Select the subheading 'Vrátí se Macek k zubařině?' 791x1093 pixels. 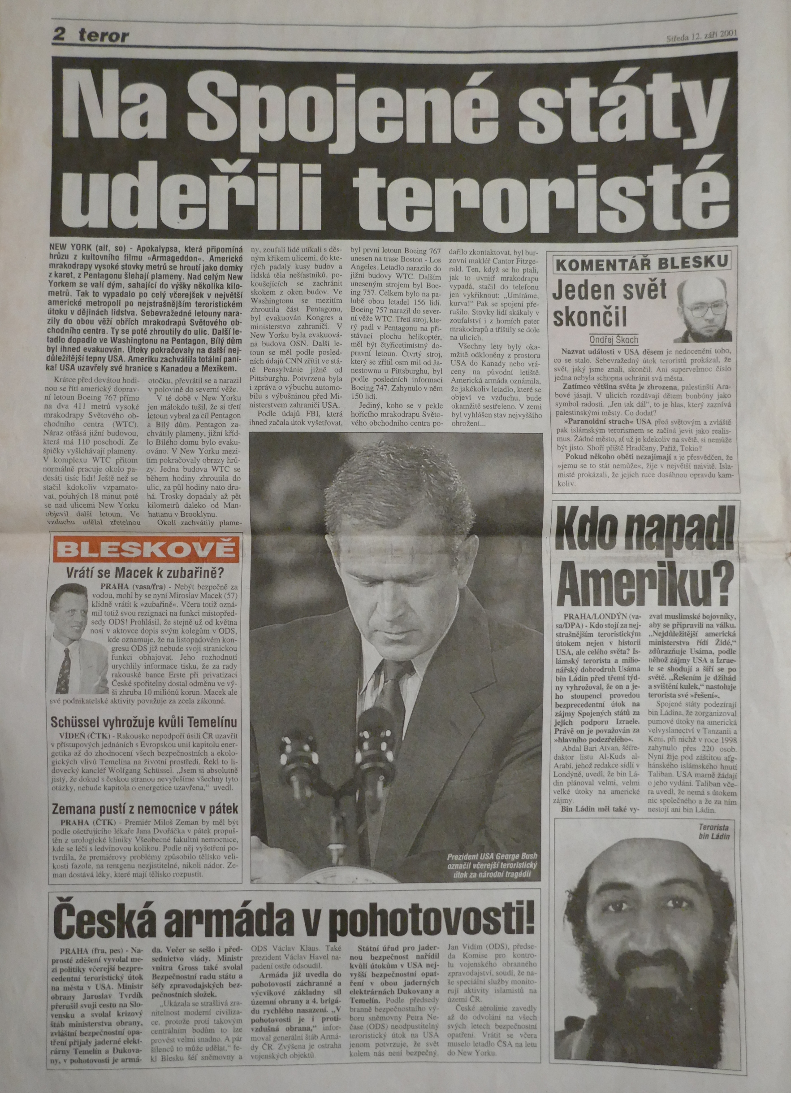point(147,574)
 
